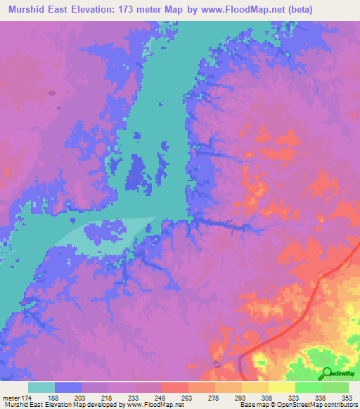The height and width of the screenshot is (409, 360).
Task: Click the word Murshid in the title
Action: pyautogui.click(x=28, y=9)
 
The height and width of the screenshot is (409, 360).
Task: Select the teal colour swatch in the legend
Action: pyautogui.click(x=41, y=387)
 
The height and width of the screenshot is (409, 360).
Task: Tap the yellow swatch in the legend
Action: pyautogui.click(x=281, y=387)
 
